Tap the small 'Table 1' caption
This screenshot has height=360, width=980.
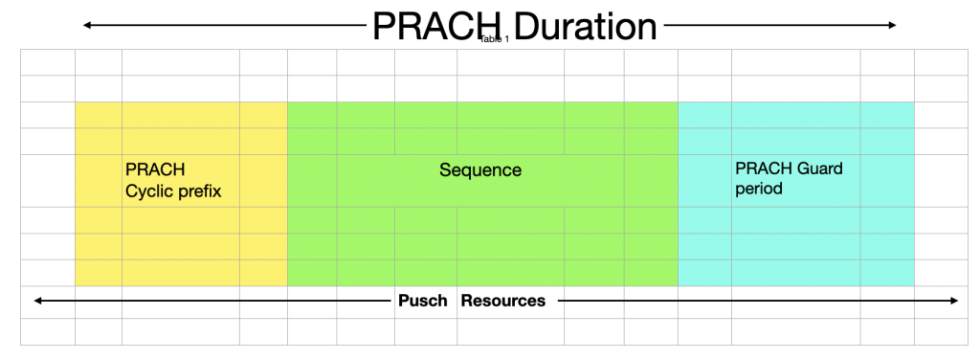pos(495,39)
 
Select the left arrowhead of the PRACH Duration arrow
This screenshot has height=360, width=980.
pos(87,25)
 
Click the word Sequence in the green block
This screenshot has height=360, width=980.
pos(480,170)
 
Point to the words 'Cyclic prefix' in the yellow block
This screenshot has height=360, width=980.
pos(173,191)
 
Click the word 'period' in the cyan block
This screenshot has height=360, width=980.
pos(759,189)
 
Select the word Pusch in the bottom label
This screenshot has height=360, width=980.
pos(422,301)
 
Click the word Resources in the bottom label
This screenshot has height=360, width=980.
pos(503,301)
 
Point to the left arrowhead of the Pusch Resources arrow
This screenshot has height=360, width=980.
pos(37,301)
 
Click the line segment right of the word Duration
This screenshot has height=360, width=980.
pos(775,25)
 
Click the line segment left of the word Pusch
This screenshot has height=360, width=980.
pos(211,301)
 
